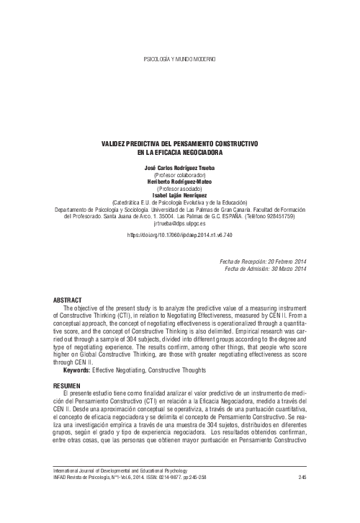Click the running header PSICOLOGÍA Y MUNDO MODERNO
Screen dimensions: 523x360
180,57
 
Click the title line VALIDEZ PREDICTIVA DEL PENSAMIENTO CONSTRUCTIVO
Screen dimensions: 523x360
180,145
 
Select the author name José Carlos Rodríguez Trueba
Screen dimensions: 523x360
180,168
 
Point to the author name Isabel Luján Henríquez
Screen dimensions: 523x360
180,195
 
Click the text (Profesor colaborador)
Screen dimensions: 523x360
180,175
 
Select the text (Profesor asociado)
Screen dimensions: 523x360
180,188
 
